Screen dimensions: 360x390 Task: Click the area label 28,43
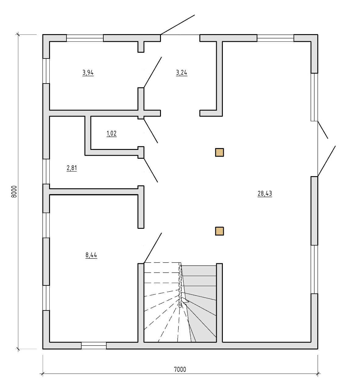coord(265,193)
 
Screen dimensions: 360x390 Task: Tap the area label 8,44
coord(91,255)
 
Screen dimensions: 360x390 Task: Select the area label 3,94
coord(88,73)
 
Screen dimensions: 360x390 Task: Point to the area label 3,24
coord(182,73)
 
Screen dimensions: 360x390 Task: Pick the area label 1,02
coord(112,133)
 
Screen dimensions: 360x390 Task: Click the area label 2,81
coord(72,168)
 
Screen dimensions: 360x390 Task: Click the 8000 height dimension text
coord(14,191)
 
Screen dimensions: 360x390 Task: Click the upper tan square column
coord(219,152)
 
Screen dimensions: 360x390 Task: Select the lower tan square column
coord(219,231)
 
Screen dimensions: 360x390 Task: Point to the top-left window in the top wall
coord(85,38)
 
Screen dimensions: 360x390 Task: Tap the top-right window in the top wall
coord(276,38)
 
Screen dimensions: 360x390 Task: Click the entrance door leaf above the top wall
coord(178,25)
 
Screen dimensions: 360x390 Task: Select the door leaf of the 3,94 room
coord(153,72)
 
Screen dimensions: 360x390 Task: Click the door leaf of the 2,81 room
coord(151,170)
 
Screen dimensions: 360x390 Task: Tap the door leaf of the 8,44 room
coord(153,248)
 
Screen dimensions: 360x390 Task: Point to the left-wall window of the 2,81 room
coord(46,172)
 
